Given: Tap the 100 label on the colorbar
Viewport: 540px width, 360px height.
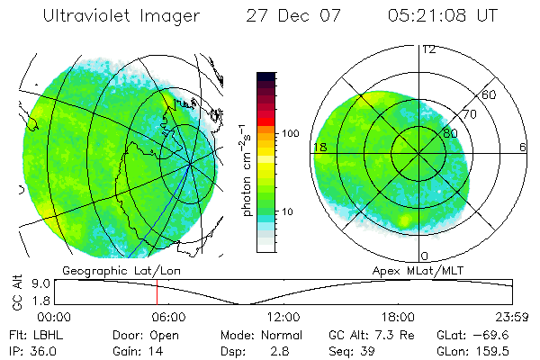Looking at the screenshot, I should click(x=290, y=133).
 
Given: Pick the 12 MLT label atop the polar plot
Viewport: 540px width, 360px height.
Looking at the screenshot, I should click(x=429, y=49).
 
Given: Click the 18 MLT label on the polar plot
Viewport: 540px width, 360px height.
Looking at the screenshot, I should click(x=319, y=147).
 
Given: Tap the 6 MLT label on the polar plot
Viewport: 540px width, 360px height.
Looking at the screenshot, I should click(x=522, y=147).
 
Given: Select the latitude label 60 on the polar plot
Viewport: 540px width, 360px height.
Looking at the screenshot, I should click(x=490, y=94).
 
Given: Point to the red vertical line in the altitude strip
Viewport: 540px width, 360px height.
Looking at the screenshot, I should click(x=157, y=292).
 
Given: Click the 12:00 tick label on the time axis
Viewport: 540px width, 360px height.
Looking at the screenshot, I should click(x=283, y=317).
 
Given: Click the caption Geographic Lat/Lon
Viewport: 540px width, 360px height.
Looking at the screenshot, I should click(x=107, y=270).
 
